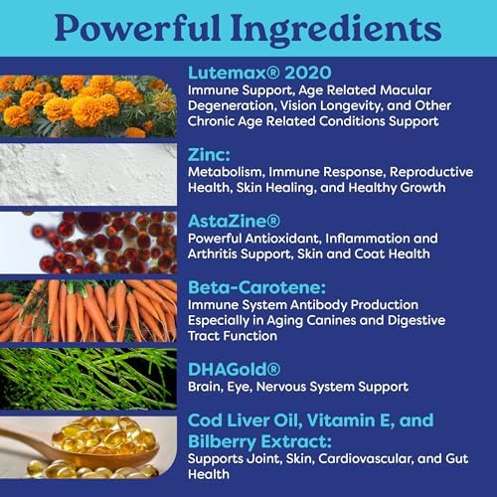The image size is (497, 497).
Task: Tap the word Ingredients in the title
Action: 336,30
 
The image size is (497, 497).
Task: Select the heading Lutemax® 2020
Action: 259,73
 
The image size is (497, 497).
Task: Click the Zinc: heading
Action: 209,155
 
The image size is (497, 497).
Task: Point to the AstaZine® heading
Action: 234,221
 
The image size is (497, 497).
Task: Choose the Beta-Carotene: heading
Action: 256,287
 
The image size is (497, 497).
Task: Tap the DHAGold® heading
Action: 234,370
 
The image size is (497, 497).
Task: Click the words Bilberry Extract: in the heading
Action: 259,441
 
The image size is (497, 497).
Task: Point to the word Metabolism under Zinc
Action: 226,172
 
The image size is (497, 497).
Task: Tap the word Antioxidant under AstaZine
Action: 283,239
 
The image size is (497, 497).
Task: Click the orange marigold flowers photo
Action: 88,106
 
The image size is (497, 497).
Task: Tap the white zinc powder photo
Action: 88,174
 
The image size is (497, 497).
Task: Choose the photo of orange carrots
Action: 88,310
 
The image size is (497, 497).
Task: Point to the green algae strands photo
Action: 88,379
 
